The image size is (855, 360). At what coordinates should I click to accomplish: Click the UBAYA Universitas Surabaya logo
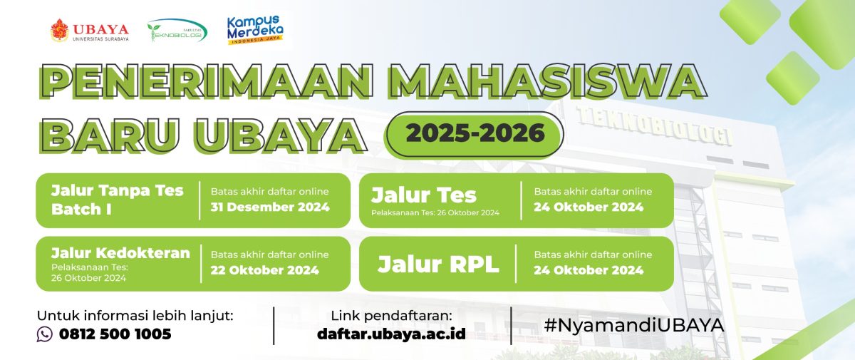click(x=90, y=30)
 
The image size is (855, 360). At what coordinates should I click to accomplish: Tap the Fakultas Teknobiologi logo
click(x=177, y=30)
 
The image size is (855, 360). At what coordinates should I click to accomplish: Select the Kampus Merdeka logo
click(x=255, y=30)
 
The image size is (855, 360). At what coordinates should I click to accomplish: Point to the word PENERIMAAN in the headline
click(x=206, y=82)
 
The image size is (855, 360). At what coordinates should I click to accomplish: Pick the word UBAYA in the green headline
click(x=281, y=135)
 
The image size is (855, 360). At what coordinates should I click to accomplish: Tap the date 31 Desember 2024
click(x=270, y=207)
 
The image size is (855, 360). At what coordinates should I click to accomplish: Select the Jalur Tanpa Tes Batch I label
click(x=117, y=200)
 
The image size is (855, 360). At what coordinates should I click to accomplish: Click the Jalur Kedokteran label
click(x=120, y=253)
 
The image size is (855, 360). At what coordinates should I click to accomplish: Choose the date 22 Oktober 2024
click(x=264, y=270)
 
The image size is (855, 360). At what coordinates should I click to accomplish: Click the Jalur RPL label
click(x=438, y=264)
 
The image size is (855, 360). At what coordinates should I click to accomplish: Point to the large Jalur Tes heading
click(x=424, y=195)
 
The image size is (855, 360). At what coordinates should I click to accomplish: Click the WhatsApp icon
click(x=45, y=334)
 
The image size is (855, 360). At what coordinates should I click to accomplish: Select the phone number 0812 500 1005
click(x=115, y=334)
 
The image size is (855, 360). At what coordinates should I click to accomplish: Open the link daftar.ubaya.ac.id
click(x=391, y=334)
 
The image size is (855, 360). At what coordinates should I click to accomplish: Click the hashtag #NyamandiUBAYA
click(x=634, y=325)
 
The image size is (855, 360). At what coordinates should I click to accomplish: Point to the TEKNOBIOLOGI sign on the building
click(x=655, y=125)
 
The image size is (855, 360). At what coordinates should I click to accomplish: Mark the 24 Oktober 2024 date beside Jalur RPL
click(x=589, y=270)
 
